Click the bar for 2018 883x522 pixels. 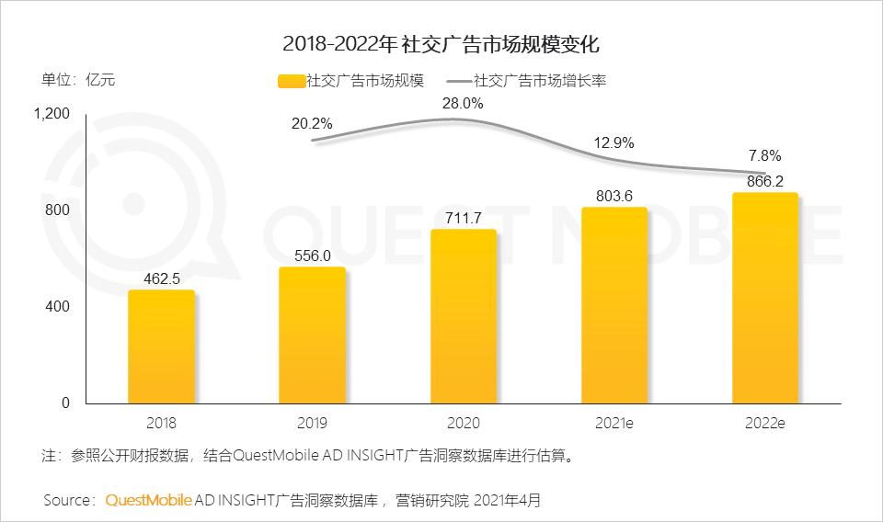tap(161, 346)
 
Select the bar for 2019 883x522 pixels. tap(312, 335)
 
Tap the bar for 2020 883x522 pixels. tap(464, 316)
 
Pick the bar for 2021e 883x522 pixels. tap(614, 305)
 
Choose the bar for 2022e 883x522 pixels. tap(764, 298)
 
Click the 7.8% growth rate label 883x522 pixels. tap(764, 154)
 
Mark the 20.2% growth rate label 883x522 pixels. tap(312, 124)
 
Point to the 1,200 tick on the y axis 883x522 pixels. tap(52, 114)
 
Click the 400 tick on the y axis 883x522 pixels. tap(58, 306)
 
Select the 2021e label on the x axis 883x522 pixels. tap(614, 424)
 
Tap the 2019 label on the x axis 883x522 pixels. tap(312, 424)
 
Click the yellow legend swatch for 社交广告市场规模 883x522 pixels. tap(291, 81)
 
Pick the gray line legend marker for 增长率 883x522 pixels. tap(459, 81)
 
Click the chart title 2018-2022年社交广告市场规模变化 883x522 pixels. tap(441, 43)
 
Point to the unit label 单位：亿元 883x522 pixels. tap(78, 79)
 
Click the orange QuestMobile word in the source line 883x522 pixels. tap(149, 501)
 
